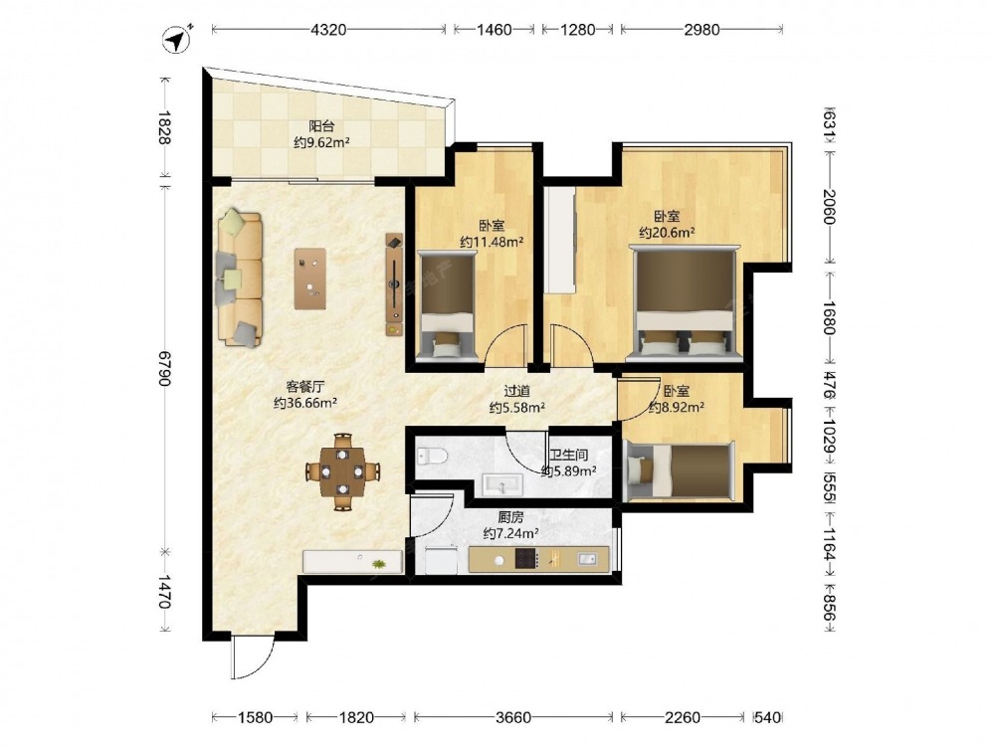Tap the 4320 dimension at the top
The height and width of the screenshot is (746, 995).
pyautogui.click(x=328, y=29)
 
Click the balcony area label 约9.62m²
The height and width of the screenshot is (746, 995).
pyautogui.click(x=322, y=142)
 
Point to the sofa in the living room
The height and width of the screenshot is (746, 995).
pyautogui.click(x=240, y=280)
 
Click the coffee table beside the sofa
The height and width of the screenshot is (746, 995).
pyautogui.click(x=310, y=279)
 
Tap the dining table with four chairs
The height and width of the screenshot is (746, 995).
pyautogui.click(x=342, y=471)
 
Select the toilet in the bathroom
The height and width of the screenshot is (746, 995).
pyautogui.click(x=432, y=456)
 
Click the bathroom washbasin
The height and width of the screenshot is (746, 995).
pyautogui.click(x=502, y=484)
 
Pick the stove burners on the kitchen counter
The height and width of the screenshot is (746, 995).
pyautogui.click(x=526, y=559)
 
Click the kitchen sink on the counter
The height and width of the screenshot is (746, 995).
pyautogui.click(x=587, y=559)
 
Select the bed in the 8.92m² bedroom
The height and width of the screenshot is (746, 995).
pyautogui.click(x=679, y=470)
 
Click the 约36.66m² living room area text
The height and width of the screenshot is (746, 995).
pyautogui.click(x=305, y=403)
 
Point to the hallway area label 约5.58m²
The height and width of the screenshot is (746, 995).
pyautogui.click(x=517, y=408)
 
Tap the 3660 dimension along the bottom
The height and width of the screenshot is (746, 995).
pyautogui.click(x=512, y=717)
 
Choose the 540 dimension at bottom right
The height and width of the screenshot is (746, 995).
pyautogui.click(x=768, y=717)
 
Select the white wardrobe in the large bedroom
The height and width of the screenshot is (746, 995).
pyautogui.click(x=559, y=240)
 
